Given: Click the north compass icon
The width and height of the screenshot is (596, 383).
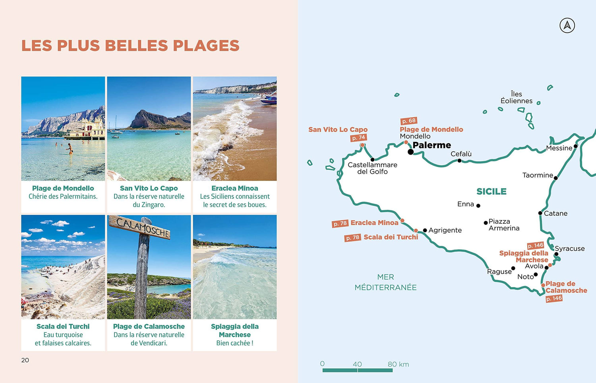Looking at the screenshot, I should (567, 25).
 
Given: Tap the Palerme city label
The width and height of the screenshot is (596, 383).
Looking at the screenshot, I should (432, 145).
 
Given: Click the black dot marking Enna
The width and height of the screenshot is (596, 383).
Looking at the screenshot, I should (478, 206).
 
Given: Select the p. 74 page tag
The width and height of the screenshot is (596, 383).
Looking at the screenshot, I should (358, 137).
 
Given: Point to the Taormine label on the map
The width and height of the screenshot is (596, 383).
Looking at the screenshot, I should (537, 175).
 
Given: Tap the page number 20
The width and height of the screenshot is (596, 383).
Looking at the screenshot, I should (25, 360).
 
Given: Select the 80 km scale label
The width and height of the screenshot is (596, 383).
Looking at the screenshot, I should (398, 364).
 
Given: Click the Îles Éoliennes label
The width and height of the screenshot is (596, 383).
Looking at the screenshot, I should (517, 97).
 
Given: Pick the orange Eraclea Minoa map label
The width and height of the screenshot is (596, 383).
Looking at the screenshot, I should (374, 223).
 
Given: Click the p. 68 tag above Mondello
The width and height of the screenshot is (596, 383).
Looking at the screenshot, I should (408, 121).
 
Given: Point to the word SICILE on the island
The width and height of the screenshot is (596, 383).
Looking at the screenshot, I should (492, 191).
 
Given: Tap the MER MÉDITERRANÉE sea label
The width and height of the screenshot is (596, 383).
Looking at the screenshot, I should (385, 282).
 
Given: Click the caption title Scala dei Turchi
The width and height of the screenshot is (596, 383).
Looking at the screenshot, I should (63, 326).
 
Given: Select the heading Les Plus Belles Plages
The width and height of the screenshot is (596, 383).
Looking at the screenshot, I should (130, 45).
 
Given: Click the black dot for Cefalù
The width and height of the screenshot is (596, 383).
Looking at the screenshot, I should (459, 161).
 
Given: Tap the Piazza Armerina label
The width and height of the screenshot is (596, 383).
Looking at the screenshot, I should (504, 224).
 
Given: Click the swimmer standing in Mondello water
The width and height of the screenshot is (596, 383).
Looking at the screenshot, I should (70, 149).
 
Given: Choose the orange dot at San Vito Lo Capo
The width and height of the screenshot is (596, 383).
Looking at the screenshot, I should (362, 145).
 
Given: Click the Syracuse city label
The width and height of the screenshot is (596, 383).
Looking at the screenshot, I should (570, 248).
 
